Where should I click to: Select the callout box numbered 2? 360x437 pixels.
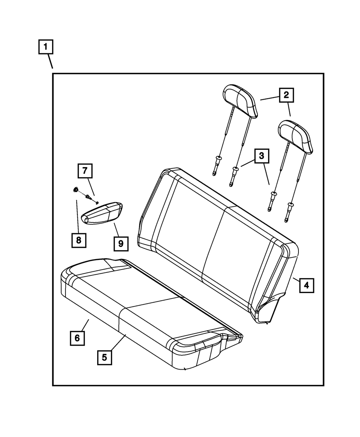coord(286,95)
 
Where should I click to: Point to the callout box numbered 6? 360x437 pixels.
coord(77,338)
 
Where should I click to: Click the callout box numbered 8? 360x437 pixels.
coord(78,239)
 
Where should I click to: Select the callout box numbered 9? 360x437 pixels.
coord(121,244)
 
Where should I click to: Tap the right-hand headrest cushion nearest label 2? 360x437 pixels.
coord(295,136)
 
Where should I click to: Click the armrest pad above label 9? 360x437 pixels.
coord(103,214)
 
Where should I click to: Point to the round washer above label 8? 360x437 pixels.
coord(76,189)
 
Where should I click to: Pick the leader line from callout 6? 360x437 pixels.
coord(84,325)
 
